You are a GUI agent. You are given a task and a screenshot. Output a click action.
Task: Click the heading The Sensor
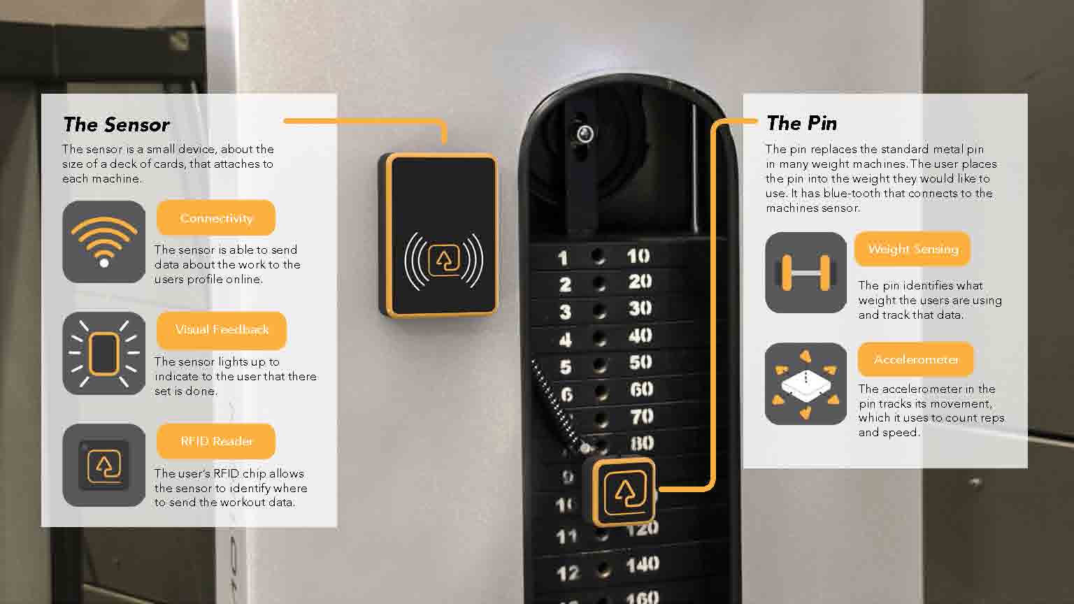pyautogui.click(x=117, y=124)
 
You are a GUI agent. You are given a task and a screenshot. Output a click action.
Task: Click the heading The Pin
pyautogui.click(x=802, y=123)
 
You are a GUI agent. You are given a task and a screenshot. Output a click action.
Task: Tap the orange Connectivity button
pyautogui.click(x=216, y=218)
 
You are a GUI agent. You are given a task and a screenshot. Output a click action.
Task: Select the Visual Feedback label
pyautogui.click(x=222, y=330)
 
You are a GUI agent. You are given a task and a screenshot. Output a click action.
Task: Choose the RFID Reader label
pyautogui.click(x=216, y=441)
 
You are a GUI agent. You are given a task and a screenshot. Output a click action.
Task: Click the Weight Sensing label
pyautogui.click(x=912, y=249)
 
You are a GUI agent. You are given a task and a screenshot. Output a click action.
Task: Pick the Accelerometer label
pyautogui.click(x=916, y=359)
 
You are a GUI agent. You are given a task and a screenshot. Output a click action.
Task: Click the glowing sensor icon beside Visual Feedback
pyautogui.click(x=104, y=353)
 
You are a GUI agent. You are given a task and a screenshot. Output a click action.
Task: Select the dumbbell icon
pyautogui.click(x=806, y=273)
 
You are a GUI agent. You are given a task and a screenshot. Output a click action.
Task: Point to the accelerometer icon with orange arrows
pyautogui.click(x=806, y=384)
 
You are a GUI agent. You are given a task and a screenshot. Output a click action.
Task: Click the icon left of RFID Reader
pyautogui.click(x=104, y=465)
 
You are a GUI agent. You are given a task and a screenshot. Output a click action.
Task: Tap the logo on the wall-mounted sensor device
pyautogui.click(x=444, y=260)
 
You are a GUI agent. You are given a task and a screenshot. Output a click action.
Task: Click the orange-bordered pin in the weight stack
pyautogui.click(x=624, y=492)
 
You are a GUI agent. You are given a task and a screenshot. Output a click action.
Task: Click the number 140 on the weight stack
pyautogui.click(x=643, y=565)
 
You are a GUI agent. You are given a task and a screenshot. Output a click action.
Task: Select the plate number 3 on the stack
pyautogui.click(x=566, y=312)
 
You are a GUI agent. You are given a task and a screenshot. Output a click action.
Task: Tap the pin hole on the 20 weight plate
pyautogui.click(x=599, y=284)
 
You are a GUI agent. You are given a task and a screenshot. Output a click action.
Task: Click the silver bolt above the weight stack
pyautogui.click(x=585, y=134)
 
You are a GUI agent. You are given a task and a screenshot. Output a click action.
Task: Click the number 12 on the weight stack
pyautogui.click(x=568, y=573)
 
